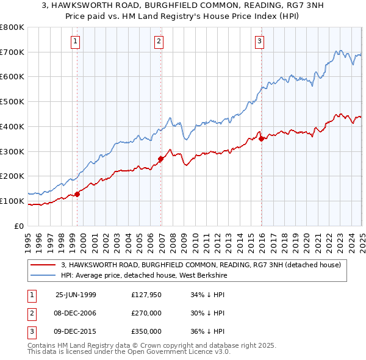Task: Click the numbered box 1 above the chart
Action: pyautogui.click(x=75, y=41)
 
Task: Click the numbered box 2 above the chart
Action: pyautogui.click(x=159, y=41)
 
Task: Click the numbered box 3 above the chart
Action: pyautogui.click(x=259, y=41)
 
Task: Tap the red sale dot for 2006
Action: pyautogui.click(x=161, y=159)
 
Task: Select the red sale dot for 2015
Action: pyautogui.click(x=262, y=139)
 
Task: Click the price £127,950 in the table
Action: pyautogui.click(x=146, y=295)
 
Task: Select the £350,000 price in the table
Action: pyautogui.click(x=146, y=331)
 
